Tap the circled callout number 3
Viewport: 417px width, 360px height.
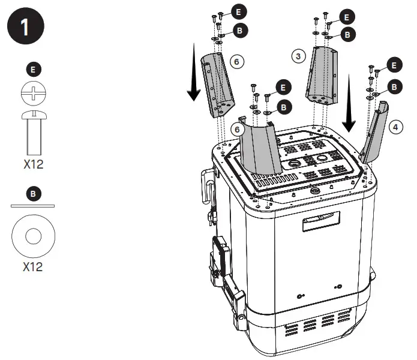click(297, 56)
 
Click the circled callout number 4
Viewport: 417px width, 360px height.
click(394, 127)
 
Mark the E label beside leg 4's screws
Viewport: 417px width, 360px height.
click(394, 65)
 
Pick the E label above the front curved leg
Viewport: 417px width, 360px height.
click(283, 87)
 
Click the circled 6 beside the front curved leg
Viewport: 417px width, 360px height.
click(238, 130)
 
